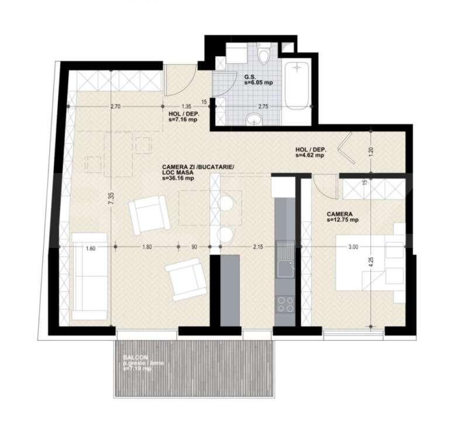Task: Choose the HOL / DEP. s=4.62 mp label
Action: coord(311,153)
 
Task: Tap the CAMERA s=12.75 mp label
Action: coord(342,217)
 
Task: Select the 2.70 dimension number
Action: coord(115,107)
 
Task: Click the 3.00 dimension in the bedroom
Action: coord(352,247)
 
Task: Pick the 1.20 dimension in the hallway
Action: coord(372,150)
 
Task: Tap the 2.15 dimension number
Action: coord(257,247)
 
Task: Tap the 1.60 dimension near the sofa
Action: coord(90,247)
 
